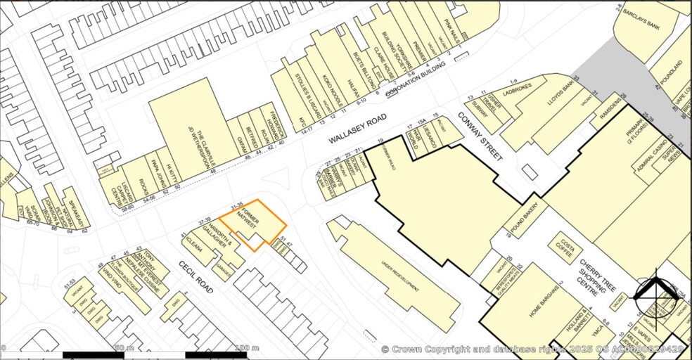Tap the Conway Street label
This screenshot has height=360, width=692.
pos(481,136)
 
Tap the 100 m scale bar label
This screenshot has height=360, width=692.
pos(247,348)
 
